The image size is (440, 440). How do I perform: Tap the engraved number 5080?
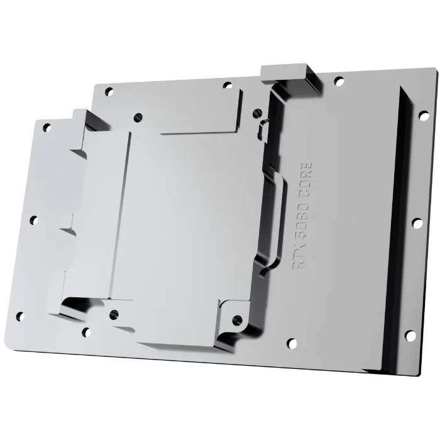pyautogui.click(x=304, y=220)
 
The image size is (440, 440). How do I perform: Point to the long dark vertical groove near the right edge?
pyautogui.click(x=397, y=226)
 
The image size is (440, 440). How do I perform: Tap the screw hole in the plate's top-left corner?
pyautogui.click(x=47, y=128)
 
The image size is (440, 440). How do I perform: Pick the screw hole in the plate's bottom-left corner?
pyautogui.click(x=19, y=316)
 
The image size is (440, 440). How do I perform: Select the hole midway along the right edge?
pyautogui.click(x=416, y=223)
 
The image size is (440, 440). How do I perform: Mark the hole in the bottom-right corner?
pyautogui.click(x=410, y=336)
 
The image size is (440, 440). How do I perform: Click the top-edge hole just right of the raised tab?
pyautogui.click(x=339, y=80)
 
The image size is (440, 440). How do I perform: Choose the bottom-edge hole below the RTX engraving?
pyautogui.click(x=291, y=343)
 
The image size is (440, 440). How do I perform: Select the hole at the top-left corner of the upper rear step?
pyautogui.click(x=109, y=91)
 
